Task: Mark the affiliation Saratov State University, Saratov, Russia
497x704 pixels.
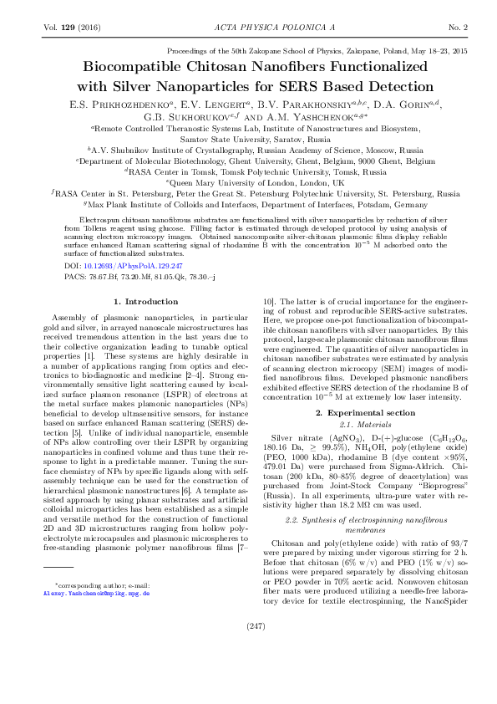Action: coord(249,140)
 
